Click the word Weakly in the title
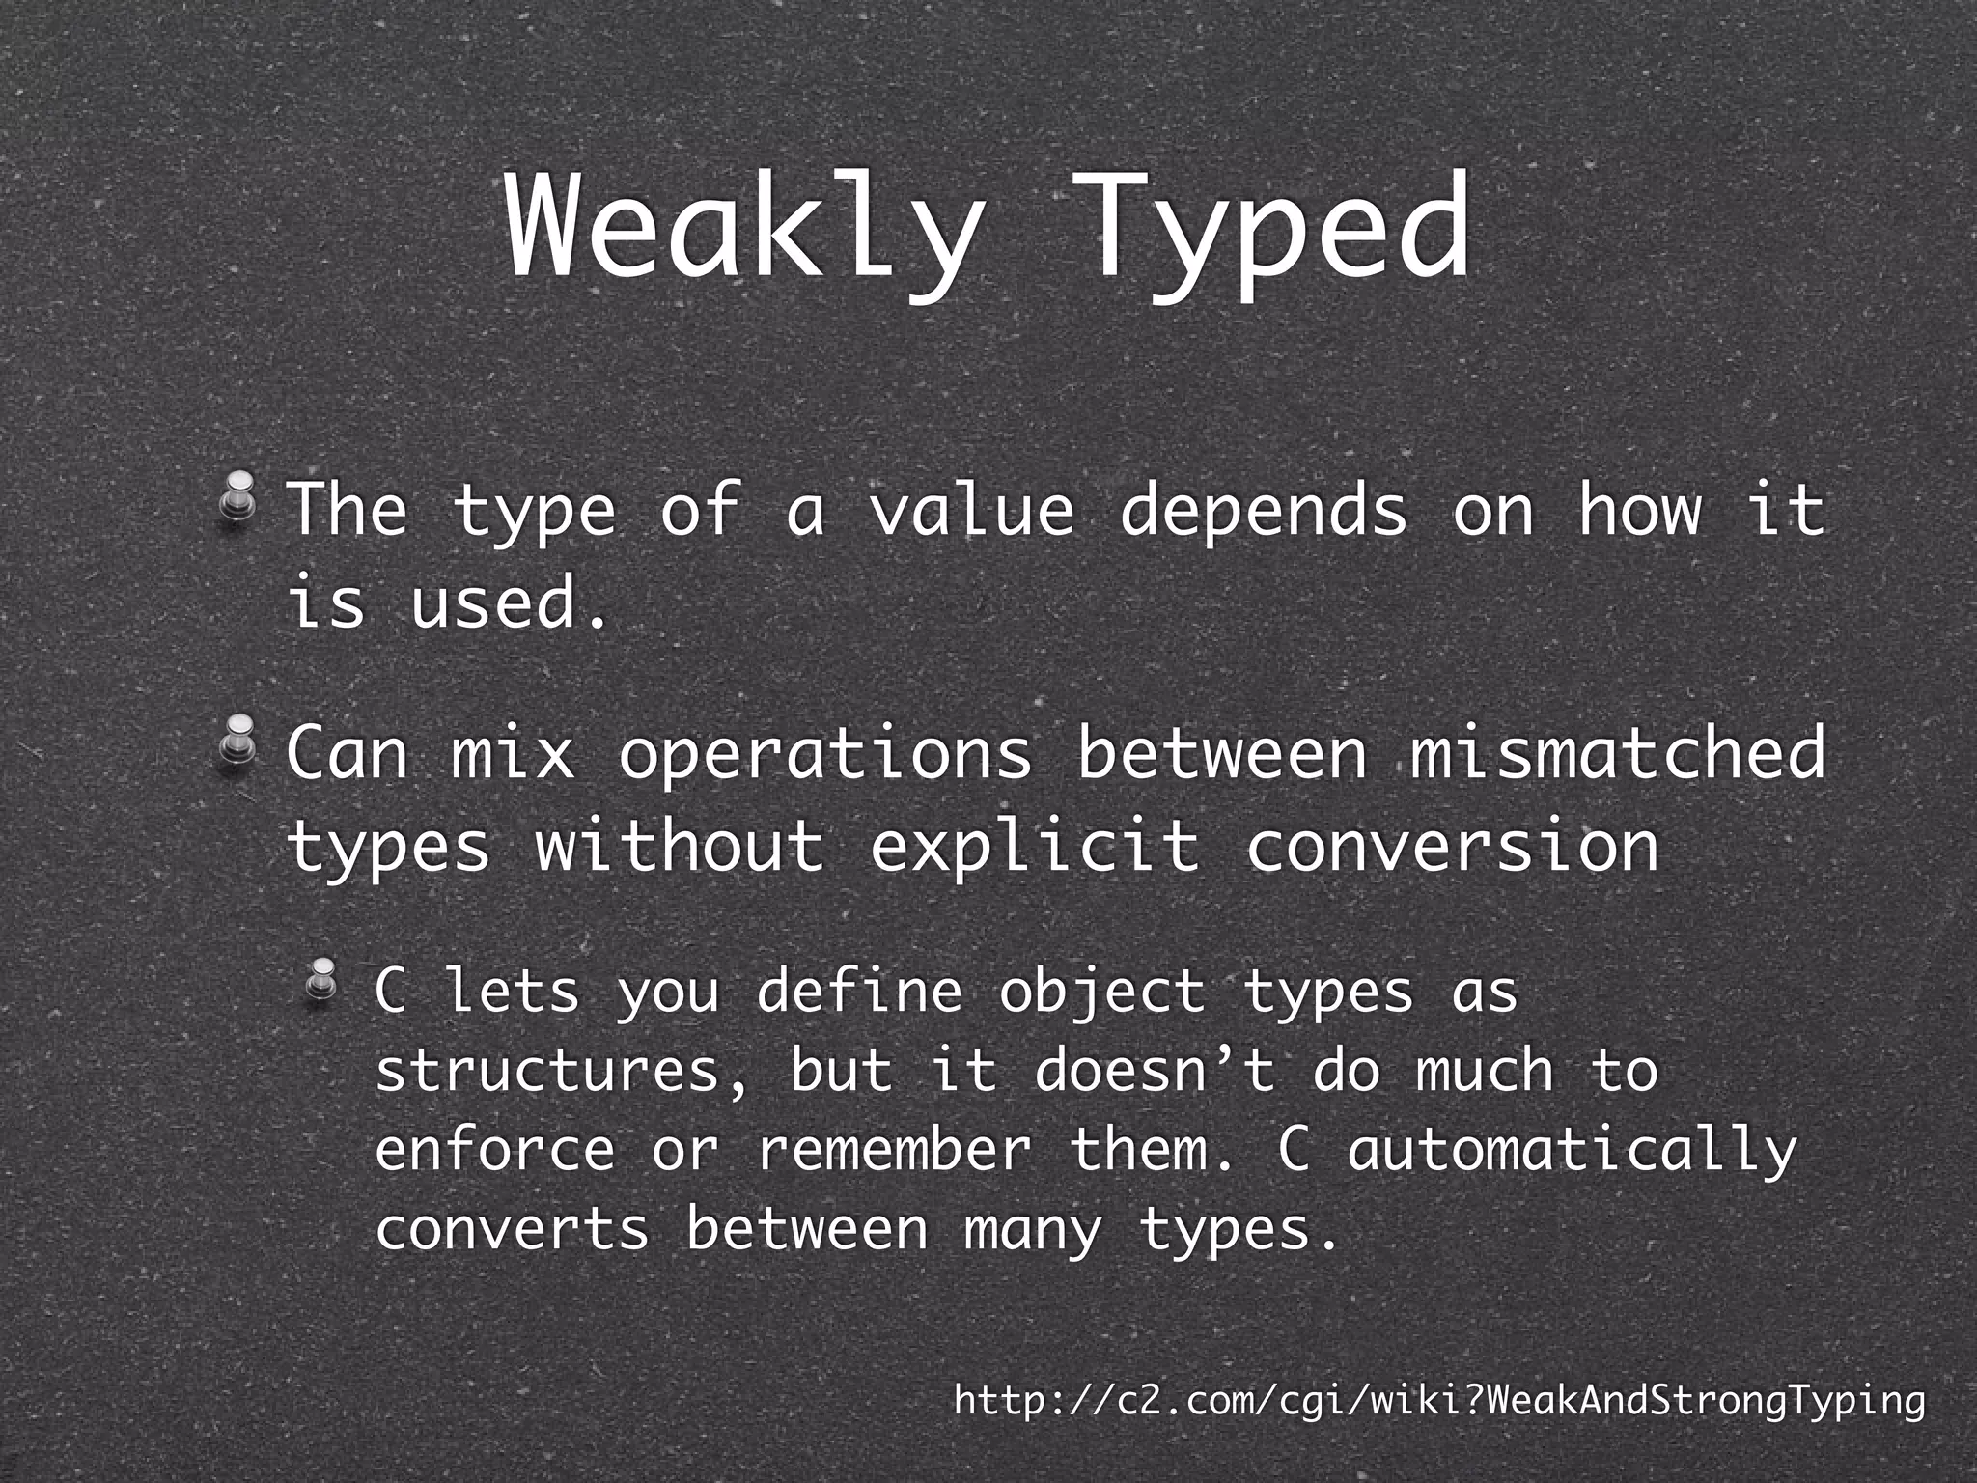739,232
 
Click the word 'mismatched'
1618,752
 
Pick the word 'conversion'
1453,846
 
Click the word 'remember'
894,1149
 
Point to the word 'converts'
512,1229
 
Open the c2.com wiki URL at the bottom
1439,1399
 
